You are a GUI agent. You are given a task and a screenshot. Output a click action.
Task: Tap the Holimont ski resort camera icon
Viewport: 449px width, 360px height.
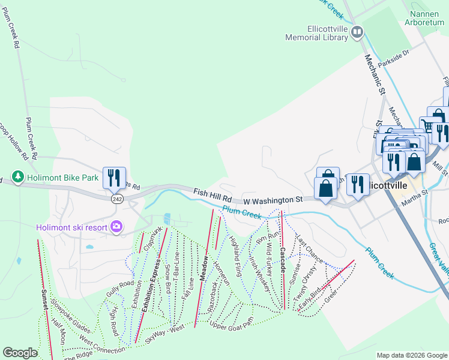pyautogui.click(x=116, y=227)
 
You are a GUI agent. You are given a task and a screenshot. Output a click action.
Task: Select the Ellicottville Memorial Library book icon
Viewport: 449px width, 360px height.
pyautogui.click(x=357, y=32)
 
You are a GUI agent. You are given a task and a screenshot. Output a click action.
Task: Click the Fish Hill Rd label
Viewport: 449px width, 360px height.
pyautogui.click(x=212, y=194)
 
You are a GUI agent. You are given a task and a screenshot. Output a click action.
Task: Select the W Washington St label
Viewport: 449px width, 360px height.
pyautogui.click(x=273, y=199)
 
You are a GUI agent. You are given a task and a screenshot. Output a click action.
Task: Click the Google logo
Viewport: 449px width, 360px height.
pyautogui.click(x=20, y=353)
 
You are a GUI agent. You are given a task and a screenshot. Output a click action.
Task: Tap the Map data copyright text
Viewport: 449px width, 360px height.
pyautogui.click(x=411, y=355)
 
